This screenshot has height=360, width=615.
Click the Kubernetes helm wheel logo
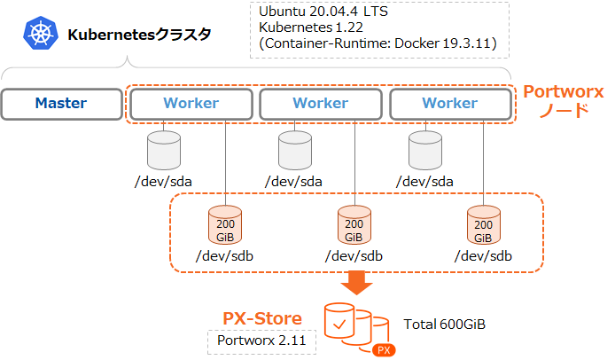tap(40, 35)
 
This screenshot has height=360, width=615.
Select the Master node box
tap(61, 104)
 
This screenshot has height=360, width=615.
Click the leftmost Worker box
tap(191, 104)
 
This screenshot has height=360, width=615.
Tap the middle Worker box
tap(321, 104)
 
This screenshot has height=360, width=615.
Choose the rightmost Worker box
tap(450, 104)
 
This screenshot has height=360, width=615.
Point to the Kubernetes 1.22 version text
tap(309, 27)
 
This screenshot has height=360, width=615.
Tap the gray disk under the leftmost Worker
tap(163, 151)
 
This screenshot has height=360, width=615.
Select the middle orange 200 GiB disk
tap(354, 226)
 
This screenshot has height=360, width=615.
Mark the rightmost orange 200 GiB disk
tap(483, 226)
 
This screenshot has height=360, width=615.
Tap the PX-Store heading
tap(261, 318)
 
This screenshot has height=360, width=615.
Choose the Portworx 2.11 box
tap(262, 341)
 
